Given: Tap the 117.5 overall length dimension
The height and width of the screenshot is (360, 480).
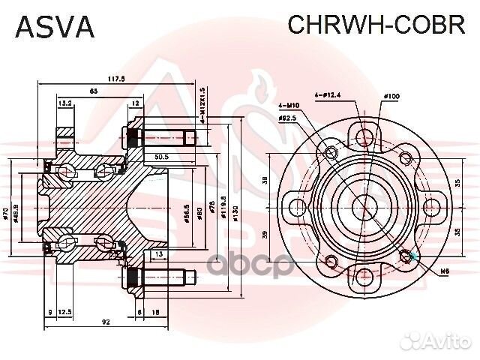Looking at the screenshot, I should [115, 77].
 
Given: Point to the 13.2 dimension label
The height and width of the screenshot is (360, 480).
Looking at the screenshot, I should [64, 103].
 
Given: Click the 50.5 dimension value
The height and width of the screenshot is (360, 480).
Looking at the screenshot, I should [160, 157].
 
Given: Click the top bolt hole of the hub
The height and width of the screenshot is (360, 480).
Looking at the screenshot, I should [364, 136].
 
